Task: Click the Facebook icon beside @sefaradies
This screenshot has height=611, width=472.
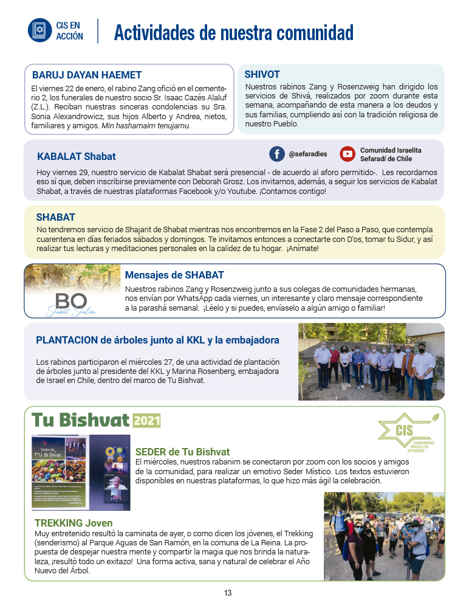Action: click(x=277, y=154)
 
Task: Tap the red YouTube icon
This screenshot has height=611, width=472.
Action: click(x=347, y=154)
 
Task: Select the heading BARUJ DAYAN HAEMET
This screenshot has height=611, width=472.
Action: click(x=87, y=75)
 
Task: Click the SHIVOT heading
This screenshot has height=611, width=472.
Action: click(x=262, y=74)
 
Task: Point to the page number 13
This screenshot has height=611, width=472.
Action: click(x=228, y=593)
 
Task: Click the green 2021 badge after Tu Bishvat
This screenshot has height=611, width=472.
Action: click(x=146, y=421)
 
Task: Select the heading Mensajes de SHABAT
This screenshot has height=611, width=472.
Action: click(x=174, y=275)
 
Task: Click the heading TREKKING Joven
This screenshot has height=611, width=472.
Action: click(x=74, y=523)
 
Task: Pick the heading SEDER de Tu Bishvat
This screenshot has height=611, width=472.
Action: click(x=182, y=452)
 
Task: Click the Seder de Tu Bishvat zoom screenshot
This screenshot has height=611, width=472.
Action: click(x=81, y=472)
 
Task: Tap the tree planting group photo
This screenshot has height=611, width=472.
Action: click(x=371, y=361)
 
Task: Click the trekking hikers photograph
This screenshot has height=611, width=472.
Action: click(x=383, y=536)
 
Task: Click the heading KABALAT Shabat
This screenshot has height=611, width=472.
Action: click(x=76, y=156)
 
